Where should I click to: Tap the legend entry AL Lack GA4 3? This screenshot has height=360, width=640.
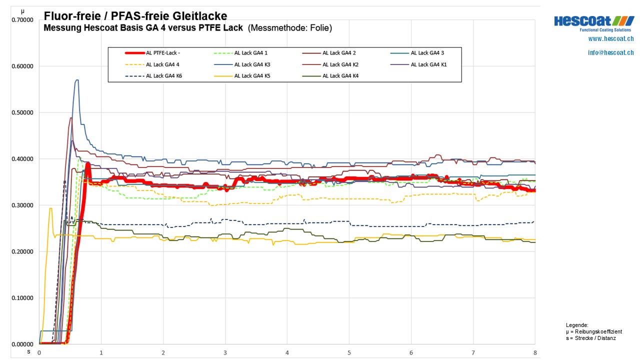click(x=427, y=53)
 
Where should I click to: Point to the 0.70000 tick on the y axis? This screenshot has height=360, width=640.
click(x=22, y=20)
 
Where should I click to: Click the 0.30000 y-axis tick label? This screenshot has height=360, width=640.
click(x=22, y=205)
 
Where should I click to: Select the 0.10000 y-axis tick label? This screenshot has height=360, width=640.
click(x=22, y=298)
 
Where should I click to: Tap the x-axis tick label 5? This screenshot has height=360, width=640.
click(x=349, y=352)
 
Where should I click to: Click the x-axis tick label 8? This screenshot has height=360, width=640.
click(x=535, y=352)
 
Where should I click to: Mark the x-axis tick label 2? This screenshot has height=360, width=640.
click(x=163, y=352)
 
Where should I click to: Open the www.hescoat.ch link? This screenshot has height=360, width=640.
click(x=611, y=39)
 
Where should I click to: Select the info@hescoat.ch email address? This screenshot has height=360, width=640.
click(x=611, y=52)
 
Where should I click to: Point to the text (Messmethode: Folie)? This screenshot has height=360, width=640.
click(x=290, y=28)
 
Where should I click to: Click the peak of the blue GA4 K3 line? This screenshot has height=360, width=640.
click(x=76, y=80)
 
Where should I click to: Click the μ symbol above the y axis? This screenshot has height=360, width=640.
click(x=22, y=11)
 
